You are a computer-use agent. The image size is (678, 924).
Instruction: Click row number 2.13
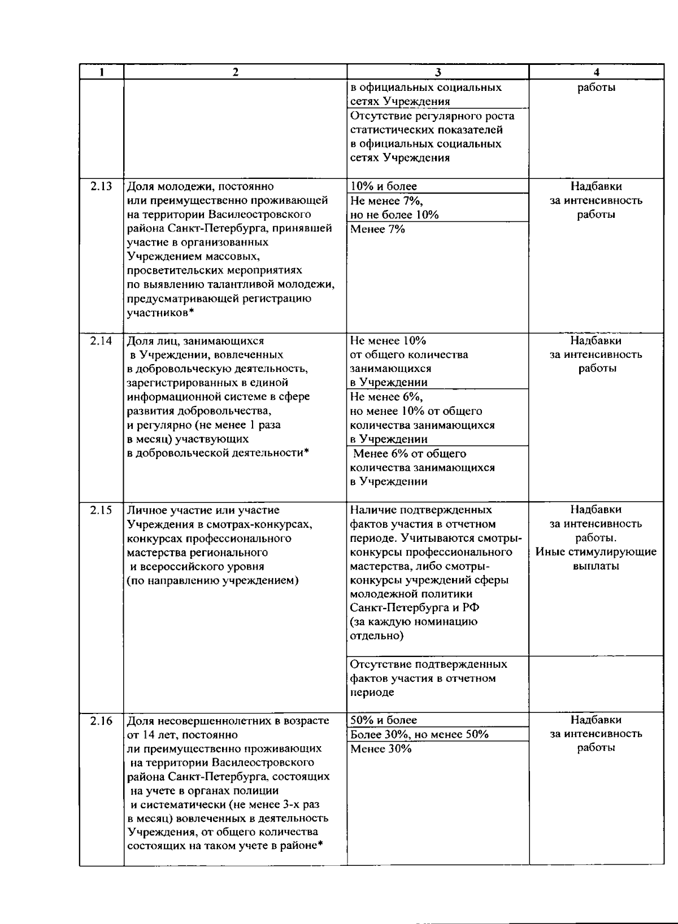(x=101, y=186)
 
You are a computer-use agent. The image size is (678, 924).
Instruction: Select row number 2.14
(x=101, y=341)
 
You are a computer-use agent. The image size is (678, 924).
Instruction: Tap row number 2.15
(x=101, y=510)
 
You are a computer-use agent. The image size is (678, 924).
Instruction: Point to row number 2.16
(x=101, y=721)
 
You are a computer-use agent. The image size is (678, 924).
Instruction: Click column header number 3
(x=438, y=72)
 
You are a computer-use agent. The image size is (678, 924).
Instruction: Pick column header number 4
(x=597, y=72)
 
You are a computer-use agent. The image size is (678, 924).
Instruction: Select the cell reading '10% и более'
(x=384, y=186)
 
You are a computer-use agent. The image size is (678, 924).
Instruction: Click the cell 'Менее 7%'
(x=377, y=229)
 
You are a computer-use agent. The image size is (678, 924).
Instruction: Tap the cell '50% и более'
(x=384, y=720)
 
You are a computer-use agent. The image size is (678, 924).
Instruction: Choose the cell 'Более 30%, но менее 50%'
(x=419, y=734)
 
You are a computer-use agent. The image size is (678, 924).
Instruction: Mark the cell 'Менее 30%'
(x=381, y=749)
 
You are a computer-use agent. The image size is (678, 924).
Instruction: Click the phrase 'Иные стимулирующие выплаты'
(x=596, y=559)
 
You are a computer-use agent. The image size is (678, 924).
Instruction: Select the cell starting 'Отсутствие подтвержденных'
(x=428, y=678)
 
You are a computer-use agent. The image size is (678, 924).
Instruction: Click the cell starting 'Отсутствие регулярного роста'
(x=432, y=137)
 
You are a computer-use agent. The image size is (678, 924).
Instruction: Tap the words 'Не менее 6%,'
(x=386, y=397)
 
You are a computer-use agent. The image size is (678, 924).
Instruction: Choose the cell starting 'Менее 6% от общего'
(x=422, y=467)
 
